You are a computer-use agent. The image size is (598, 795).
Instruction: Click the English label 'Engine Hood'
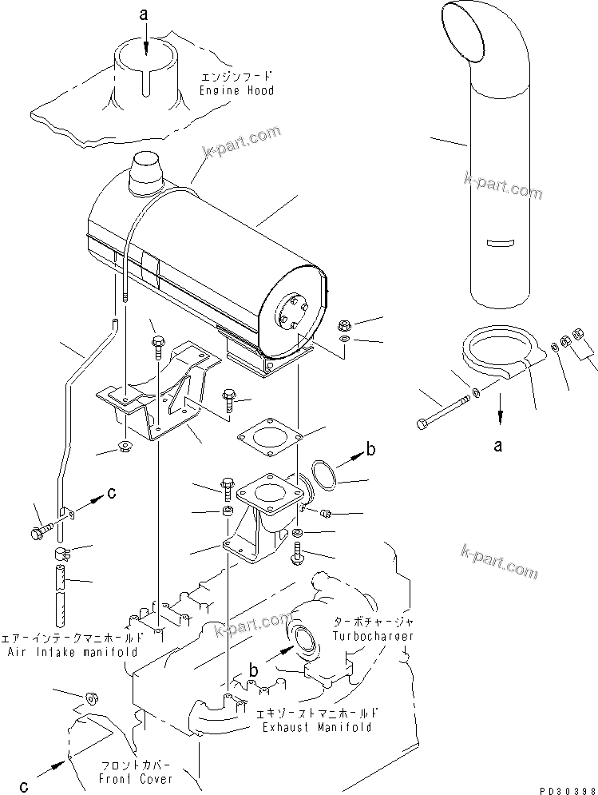[237, 91]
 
